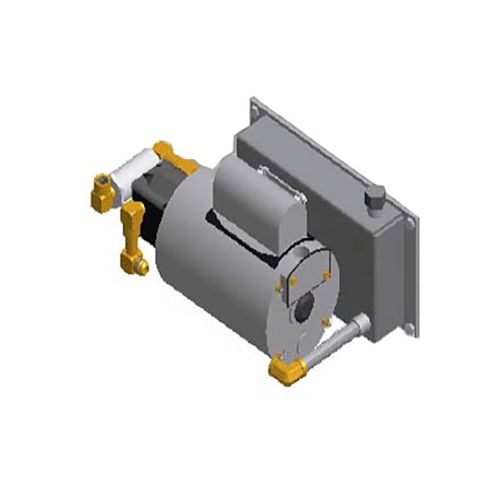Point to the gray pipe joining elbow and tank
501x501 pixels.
point(336,344)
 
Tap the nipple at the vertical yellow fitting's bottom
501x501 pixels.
point(142,268)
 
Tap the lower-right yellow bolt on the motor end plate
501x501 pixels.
point(326,324)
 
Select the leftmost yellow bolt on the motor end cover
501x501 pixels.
point(278,287)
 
